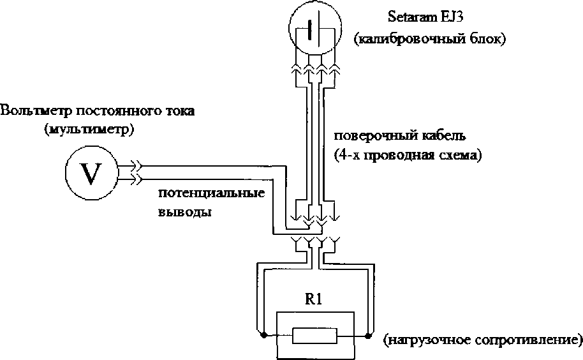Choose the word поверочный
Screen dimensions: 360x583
375,137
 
